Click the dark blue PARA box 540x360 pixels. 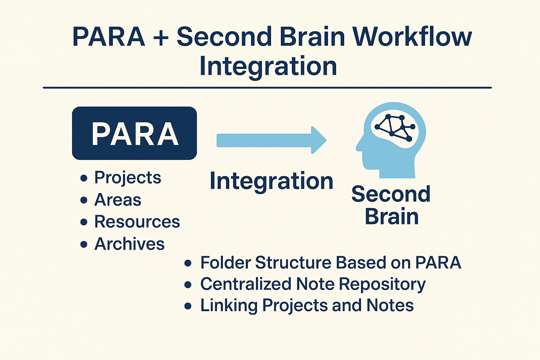pyautogui.click(x=134, y=133)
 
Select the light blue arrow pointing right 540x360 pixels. pyautogui.click(x=271, y=140)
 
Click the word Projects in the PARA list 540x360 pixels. pyautogui.click(x=128, y=178)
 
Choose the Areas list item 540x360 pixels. pyautogui.click(x=118, y=200)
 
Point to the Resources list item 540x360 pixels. pyautogui.click(x=137, y=222)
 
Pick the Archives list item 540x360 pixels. pyautogui.click(x=129, y=244)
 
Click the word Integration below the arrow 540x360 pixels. pyautogui.click(x=271, y=181)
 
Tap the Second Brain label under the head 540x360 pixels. pyautogui.click(x=391, y=205)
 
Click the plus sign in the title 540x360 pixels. pyautogui.click(x=161, y=37)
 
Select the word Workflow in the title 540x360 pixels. pyautogui.click(x=412, y=37)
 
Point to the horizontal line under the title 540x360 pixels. pyautogui.click(x=267, y=88)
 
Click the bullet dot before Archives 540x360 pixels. pyautogui.click(x=84, y=244)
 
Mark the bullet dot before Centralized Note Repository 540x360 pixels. pyautogui.click(x=188, y=284)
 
